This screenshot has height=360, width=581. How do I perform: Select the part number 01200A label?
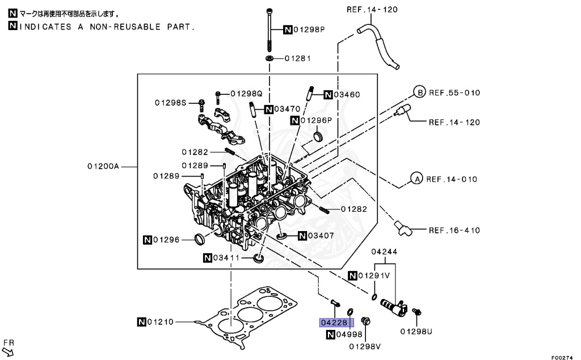coord(103,166)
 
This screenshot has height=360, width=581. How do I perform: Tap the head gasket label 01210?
coord(161,323)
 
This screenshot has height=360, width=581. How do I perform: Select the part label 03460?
coord(347,94)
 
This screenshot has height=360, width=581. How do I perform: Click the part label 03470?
coord(287,108)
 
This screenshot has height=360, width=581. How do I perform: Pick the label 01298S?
coord(170,102)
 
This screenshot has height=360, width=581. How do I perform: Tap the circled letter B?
coord(419,92)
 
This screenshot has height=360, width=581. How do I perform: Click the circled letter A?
coord(416,179)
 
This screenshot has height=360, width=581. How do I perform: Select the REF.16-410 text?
coord(454,230)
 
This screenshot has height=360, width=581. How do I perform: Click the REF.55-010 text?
coord(454,92)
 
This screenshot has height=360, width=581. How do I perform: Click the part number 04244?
coord(384,252)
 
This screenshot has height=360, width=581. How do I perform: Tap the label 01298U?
coord(416,331)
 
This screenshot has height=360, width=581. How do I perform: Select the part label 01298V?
coord(365,346)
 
